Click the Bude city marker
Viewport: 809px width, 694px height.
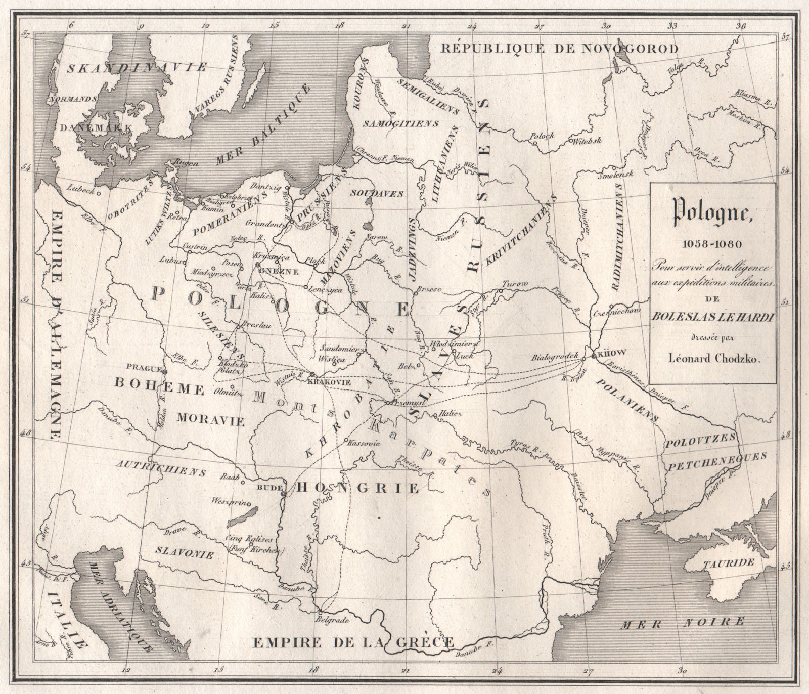283,494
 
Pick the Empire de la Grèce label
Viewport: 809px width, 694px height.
353,642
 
